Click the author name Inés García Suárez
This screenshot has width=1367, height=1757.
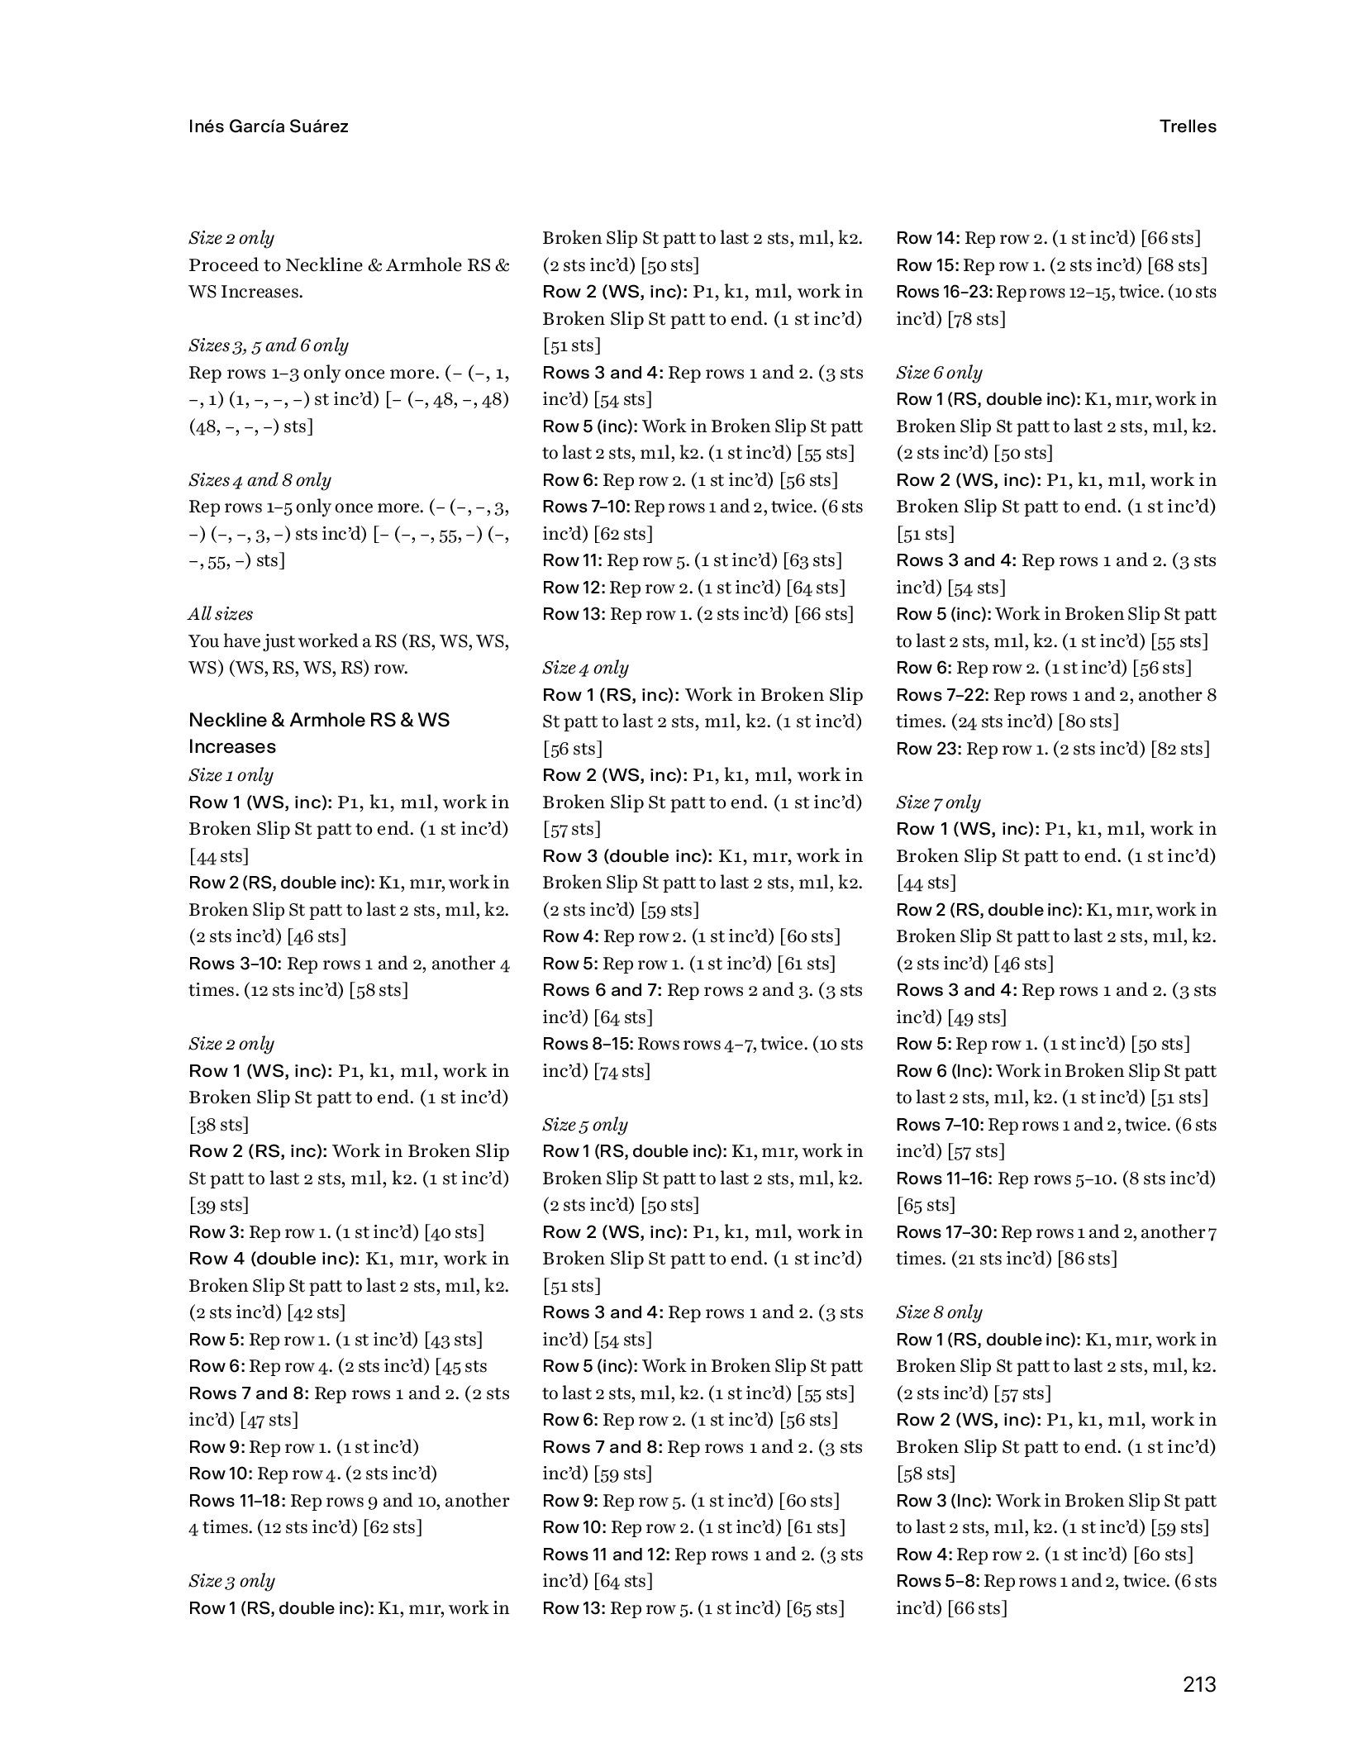coord(268,126)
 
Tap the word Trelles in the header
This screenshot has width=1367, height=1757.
coord(1187,126)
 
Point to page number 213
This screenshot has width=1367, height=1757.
coord(1198,1684)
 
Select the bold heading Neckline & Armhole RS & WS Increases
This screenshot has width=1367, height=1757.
coord(319,733)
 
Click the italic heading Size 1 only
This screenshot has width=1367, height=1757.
coord(231,775)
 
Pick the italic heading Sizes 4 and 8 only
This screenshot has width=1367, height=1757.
coord(260,480)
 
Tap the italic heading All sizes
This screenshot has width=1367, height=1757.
coord(221,614)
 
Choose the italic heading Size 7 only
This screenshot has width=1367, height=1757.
coord(938,802)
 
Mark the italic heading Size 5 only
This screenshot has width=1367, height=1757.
coord(585,1124)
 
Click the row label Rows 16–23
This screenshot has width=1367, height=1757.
coord(944,292)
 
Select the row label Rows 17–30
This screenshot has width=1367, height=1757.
coord(945,1232)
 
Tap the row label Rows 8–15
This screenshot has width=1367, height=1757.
coord(587,1044)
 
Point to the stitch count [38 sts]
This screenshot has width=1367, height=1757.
coord(218,1125)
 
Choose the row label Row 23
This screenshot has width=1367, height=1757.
coord(928,749)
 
